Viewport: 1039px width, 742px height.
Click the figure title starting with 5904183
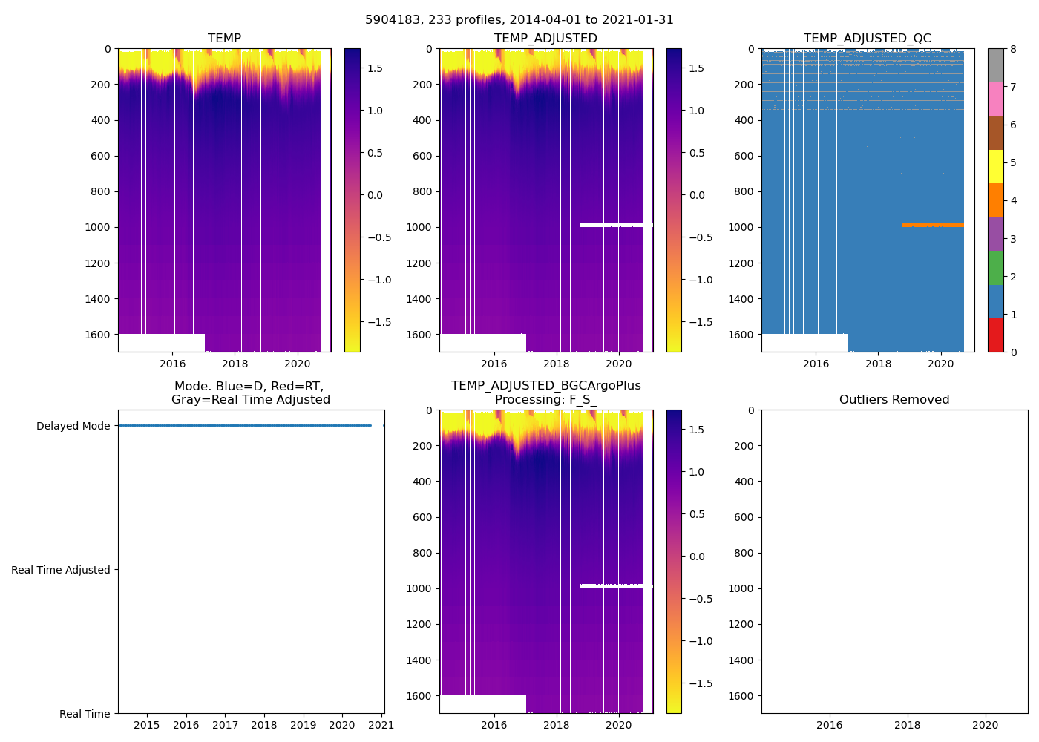tap(519, 20)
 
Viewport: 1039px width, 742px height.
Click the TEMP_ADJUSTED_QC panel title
tap(867, 39)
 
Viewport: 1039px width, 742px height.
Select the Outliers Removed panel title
tap(894, 400)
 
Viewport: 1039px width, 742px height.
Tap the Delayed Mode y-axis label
tap(73, 426)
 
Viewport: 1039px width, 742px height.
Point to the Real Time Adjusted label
tap(61, 570)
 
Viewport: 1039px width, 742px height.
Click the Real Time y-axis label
tap(85, 714)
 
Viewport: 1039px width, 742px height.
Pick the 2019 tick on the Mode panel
tap(303, 725)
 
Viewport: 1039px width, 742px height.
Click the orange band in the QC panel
tap(932, 225)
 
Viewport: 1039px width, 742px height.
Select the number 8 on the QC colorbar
tap(1013, 49)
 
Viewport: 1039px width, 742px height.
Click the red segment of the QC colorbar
tap(995, 335)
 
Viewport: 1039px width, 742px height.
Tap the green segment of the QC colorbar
tap(995, 267)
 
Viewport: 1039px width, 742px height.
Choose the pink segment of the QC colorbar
tap(995, 99)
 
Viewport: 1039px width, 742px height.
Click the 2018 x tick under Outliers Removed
tap(908, 725)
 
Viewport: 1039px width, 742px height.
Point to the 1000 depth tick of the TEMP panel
tap(97, 227)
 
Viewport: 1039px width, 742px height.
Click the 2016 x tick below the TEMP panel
tap(173, 364)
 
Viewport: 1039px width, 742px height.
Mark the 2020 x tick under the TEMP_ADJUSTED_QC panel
tap(941, 364)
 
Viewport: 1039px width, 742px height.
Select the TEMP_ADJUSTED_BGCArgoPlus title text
tap(545, 386)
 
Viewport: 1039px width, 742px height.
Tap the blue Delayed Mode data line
tap(245, 426)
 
